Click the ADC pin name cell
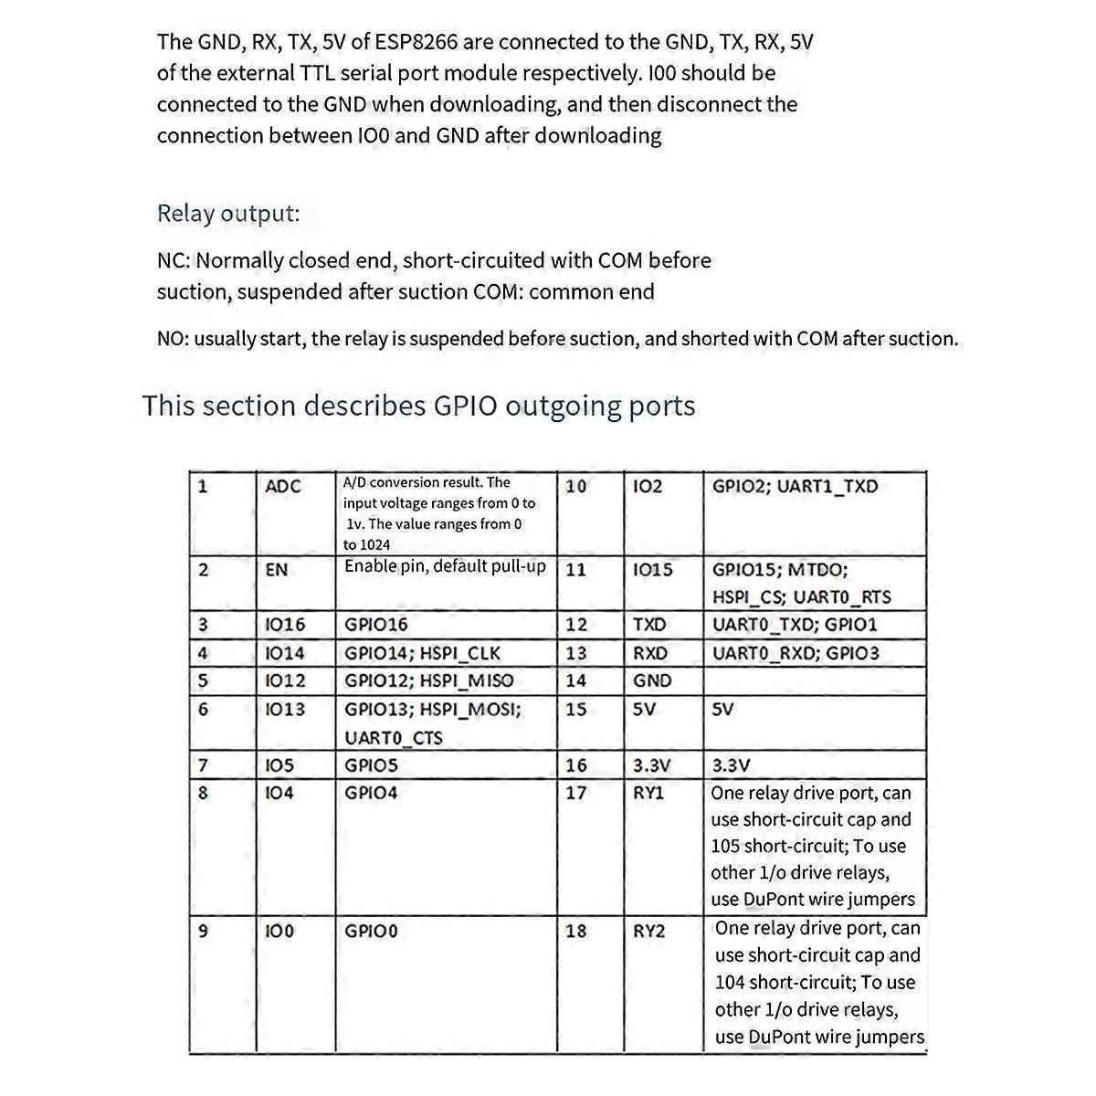point(282,487)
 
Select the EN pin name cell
point(276,570)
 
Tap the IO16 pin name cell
point(284,625)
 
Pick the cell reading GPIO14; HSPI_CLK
point(422,653)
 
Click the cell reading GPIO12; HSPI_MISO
point(428,680)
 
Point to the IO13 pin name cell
point(284,710)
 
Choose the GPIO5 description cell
point(371,765)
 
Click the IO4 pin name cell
point(279,793)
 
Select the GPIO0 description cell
point(371,932)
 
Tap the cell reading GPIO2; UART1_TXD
point(795,486)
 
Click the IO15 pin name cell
point(652,570)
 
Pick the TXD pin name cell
point(649,625)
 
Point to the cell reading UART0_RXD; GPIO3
point(796,653)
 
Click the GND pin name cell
point(651,680)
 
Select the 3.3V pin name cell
point(651,765)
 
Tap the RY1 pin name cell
point(648,793)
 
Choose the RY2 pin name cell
point(648,932)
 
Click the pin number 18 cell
point(575,932)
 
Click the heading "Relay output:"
point(228,214)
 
